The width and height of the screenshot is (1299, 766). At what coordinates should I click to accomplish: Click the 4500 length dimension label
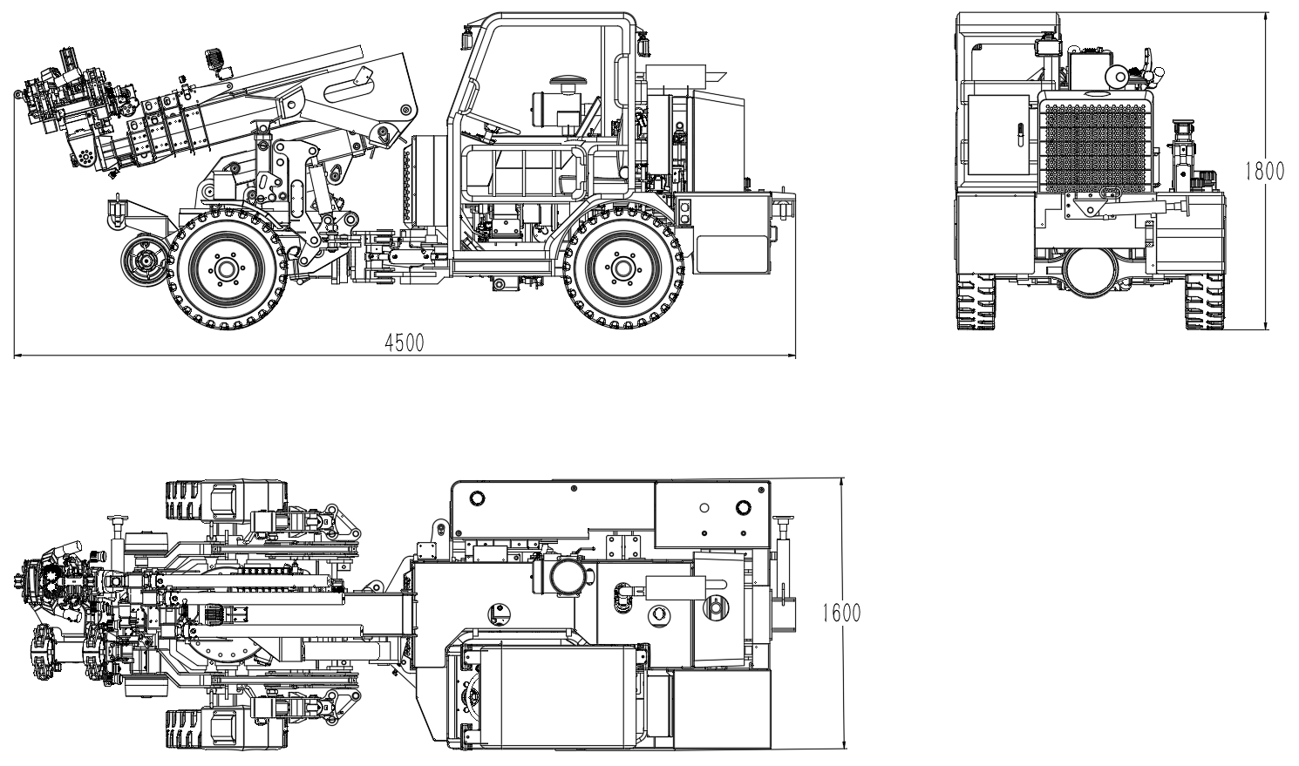coord(405,342)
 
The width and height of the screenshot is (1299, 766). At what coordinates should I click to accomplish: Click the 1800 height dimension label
coord(1265,171)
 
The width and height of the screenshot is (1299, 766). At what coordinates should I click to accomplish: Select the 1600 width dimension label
coord(842,613)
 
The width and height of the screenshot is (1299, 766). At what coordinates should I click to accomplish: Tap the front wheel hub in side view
coord(226,268)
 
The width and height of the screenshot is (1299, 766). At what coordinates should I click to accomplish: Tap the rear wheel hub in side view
coord(623,268)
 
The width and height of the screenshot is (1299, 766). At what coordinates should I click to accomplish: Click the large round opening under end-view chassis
coord(1090,272)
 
